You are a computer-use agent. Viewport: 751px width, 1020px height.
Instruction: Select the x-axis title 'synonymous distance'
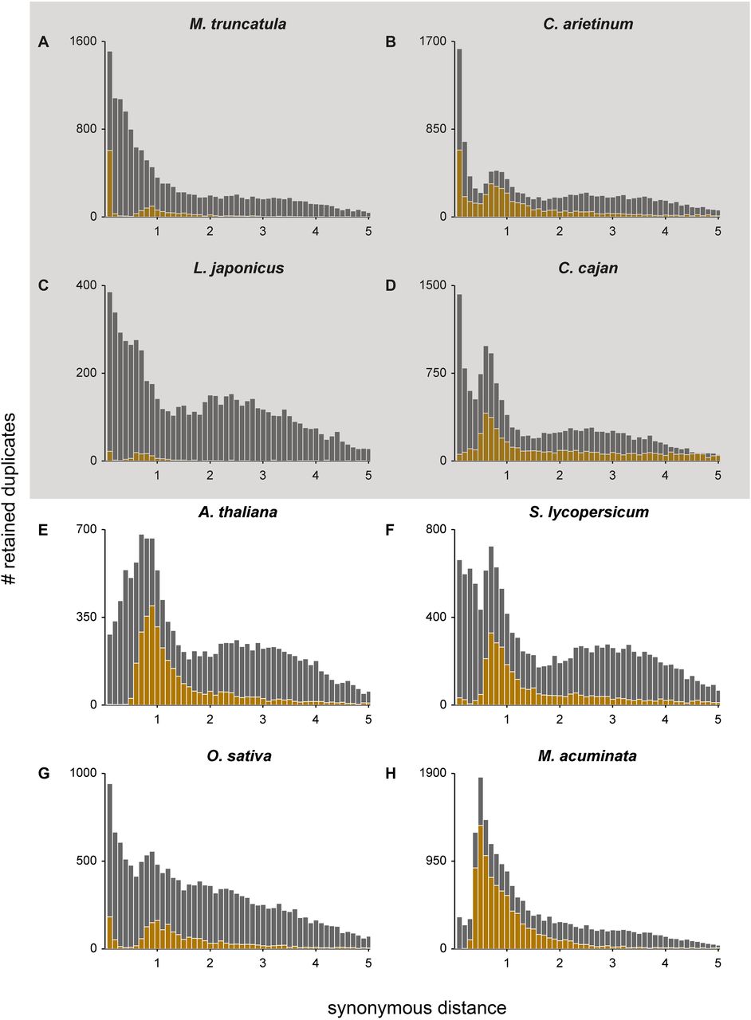tap(416, 986)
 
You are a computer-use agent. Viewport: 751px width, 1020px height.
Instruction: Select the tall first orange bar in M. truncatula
tap(109, 183)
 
